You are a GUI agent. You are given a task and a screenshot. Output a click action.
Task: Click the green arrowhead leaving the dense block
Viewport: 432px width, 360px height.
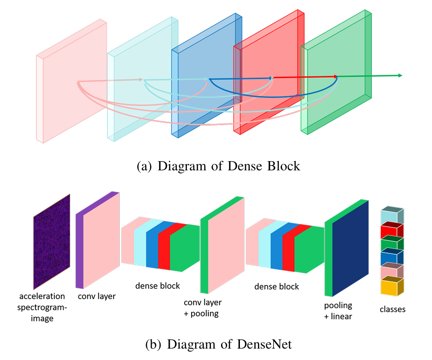pyautogui.click(x=400, y=76)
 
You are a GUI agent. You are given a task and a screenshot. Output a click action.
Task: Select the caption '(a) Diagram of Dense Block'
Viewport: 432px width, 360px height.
pyautogui.click(x=218, y=166)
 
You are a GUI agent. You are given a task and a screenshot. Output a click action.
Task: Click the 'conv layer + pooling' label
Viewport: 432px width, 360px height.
pyautogui.click(x=202, y=308)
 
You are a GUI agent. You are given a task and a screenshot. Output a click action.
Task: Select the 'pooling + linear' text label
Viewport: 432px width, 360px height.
pyautogui.click(x=338, y=310)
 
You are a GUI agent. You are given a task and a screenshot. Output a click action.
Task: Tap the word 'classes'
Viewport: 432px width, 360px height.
pyautogui.click(x=393, y=309)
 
